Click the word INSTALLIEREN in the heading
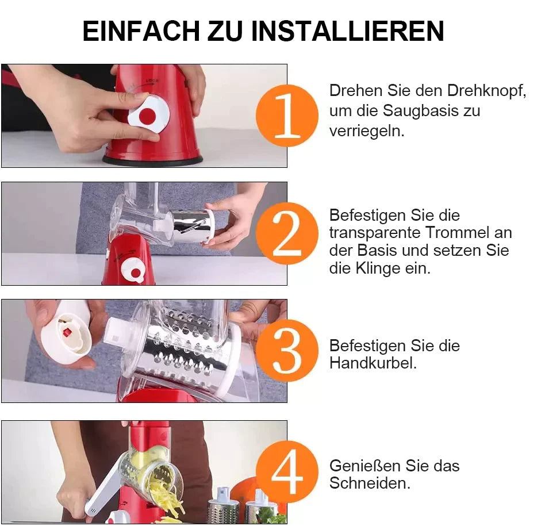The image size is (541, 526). tap(347, 31)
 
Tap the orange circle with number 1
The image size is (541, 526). tap(287, 116)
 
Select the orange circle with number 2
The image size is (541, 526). tap(287, 233)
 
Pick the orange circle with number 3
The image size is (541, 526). tap(287, 351)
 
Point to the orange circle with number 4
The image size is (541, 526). tap(287, 472)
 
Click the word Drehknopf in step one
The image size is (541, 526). tap(486, 91)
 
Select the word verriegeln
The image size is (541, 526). tap(367, 132)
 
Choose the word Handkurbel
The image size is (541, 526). tap(373, 363)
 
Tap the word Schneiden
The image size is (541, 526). tap(370, 483)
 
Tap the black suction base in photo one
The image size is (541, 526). tap(152, 160)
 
